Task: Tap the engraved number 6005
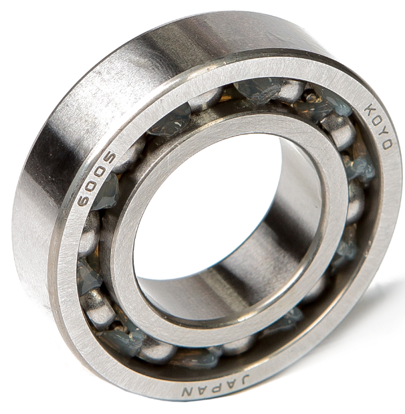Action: pos(96,180)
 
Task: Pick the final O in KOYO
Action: pos(387,144)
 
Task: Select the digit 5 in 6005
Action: pos(109,161)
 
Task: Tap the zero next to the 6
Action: pos(90,187)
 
